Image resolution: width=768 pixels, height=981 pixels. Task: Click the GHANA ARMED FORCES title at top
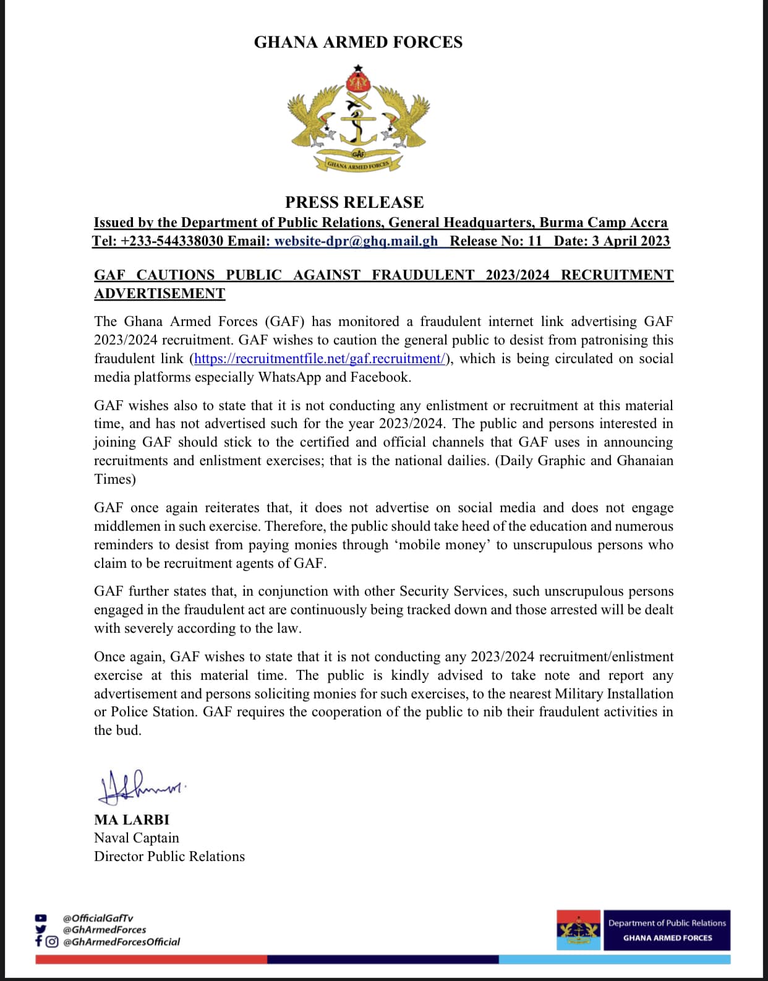point(358,42)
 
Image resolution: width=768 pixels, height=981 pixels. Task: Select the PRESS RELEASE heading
point(354,202)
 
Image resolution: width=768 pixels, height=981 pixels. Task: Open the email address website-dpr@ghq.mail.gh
point(356,241)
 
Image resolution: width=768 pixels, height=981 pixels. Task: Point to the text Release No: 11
point(495,241)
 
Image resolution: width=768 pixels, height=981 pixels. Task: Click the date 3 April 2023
point(630,241)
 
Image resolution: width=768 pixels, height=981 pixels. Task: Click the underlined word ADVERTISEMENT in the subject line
point(160,293)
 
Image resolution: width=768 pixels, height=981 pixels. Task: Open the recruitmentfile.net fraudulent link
point(320,359)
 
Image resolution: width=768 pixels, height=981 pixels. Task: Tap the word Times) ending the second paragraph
point(115,479)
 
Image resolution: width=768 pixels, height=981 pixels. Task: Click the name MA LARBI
point(132,820)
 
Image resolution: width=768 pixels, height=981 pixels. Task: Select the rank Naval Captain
point(137,838)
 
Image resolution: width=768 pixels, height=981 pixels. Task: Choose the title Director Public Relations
point(169,857)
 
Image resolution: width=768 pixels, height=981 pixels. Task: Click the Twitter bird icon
point(41,929)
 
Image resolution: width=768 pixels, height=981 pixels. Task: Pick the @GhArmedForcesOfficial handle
point(121,941)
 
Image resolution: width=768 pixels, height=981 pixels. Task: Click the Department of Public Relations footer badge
point(667,930)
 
